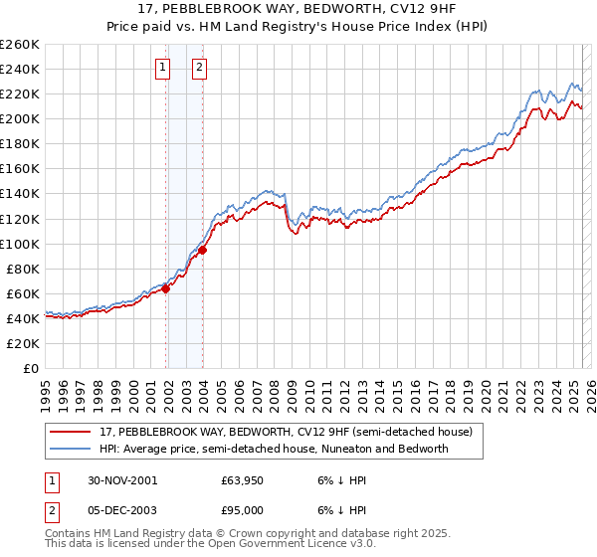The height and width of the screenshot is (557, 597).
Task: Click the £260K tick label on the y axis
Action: click(21, 45)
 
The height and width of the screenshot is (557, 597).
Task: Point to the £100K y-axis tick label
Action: click(21, 244)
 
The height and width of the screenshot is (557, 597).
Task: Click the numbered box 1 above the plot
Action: click(162, 68)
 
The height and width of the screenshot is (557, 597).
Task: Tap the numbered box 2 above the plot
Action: click(199, 68)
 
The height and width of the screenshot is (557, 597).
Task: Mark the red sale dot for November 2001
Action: click(166, 288)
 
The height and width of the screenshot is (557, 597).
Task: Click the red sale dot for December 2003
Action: click(202, 251)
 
